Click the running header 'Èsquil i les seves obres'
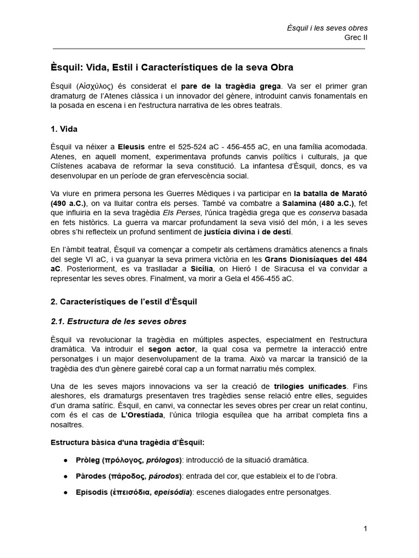pos(327,28)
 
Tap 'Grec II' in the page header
pos(356,38)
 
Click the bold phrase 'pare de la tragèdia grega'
pos(231,86)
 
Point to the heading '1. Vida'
pos(64,129)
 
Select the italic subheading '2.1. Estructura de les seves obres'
pos(118,321)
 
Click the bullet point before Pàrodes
pos(65,476)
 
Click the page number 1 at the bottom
pos(365,529)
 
